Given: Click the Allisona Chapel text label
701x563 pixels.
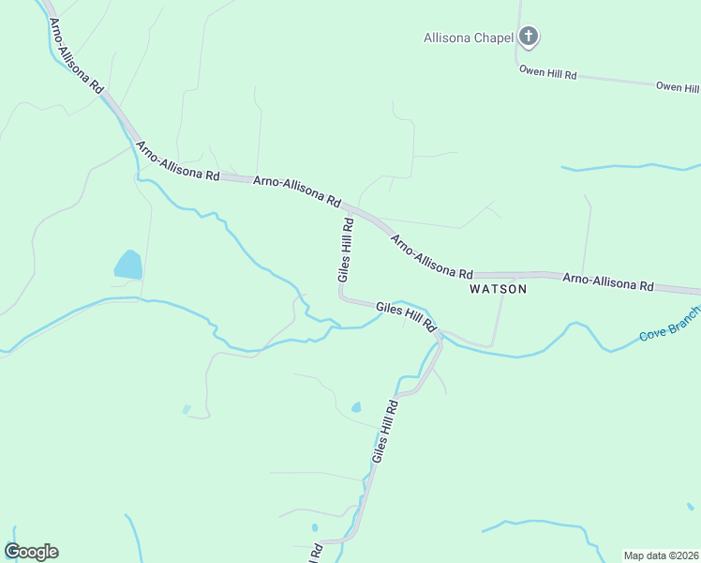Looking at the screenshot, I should [469, 38].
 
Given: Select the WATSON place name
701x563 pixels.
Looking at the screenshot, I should [498, 289].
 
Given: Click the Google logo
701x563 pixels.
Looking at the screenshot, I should [31, 552].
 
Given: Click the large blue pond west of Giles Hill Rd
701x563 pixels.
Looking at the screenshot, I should [128, 265].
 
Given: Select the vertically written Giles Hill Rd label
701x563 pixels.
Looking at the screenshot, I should [346, 251].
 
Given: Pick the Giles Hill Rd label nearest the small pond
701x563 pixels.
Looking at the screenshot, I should [385, 432].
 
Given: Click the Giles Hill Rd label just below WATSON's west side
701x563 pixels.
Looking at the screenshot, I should [407, 315].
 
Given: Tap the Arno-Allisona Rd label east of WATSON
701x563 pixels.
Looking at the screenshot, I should [607, 281].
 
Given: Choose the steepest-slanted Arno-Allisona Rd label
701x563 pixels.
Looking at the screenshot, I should [77, 57].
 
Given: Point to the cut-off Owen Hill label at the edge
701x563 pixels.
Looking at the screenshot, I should [678, 87].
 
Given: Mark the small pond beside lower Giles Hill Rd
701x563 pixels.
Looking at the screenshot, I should [355, 407].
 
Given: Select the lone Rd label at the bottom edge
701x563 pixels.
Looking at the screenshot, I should [318, 553].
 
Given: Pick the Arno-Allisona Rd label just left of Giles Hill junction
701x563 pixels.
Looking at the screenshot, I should [296, 188].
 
